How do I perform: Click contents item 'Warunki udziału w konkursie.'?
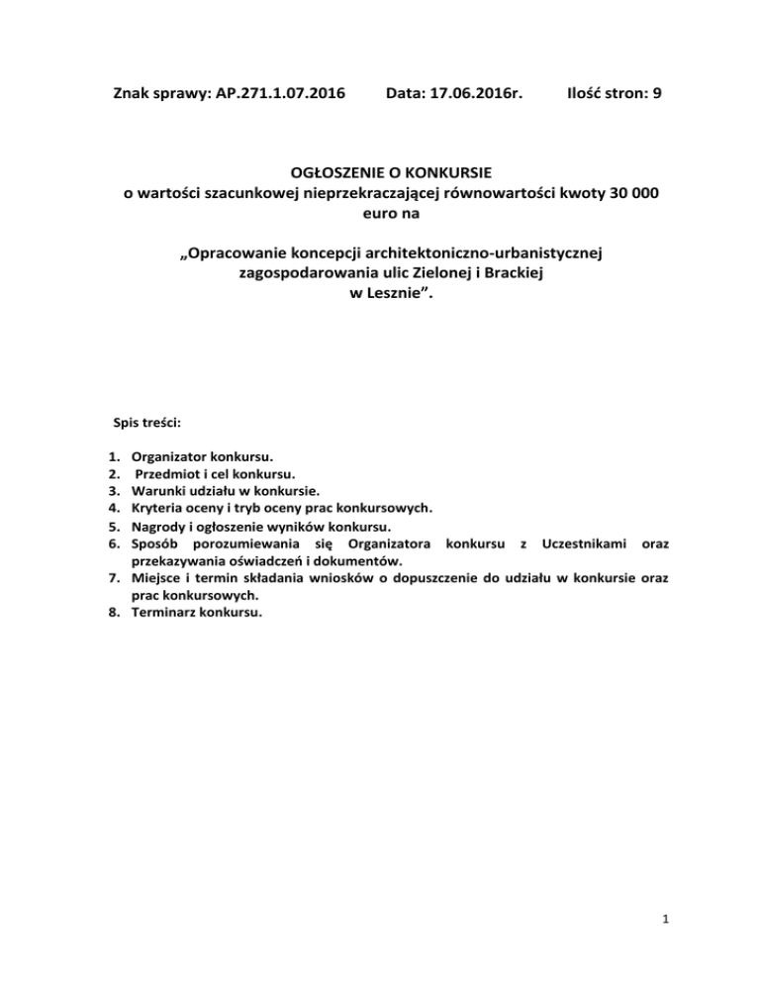pyautogui.click(x=225, y=491)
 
